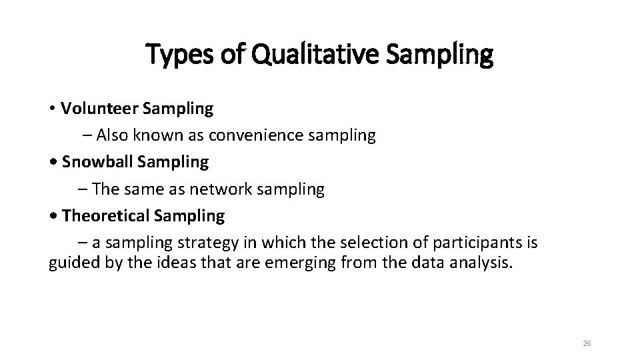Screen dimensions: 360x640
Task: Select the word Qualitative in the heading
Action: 301,55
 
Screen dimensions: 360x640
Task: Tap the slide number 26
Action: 587,343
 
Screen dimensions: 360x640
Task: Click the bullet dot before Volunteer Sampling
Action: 52,109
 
